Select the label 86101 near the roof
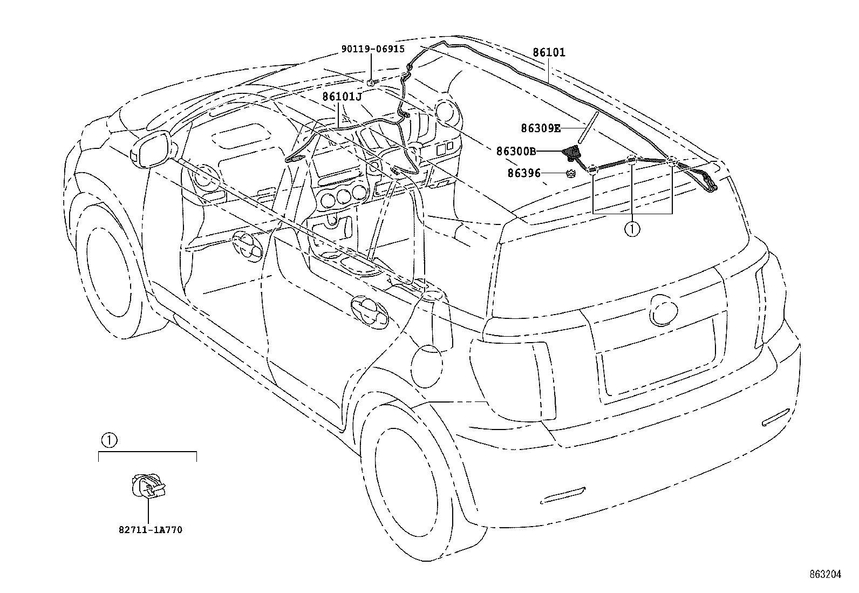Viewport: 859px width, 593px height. coord(549,53)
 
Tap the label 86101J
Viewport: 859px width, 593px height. coord(342,97)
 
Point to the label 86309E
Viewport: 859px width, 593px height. coord(541,128)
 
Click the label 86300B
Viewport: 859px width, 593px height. coord(516,152)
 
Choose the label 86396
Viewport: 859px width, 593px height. coord(523,173)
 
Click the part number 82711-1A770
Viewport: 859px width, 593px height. coord(150,530)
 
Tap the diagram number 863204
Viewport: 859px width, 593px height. coord(824,575)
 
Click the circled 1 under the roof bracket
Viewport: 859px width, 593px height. coord(632,229)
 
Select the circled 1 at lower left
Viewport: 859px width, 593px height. coord(108,440)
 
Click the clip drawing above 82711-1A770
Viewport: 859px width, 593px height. coord(148,486)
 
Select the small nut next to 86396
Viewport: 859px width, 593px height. coord(571,173)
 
